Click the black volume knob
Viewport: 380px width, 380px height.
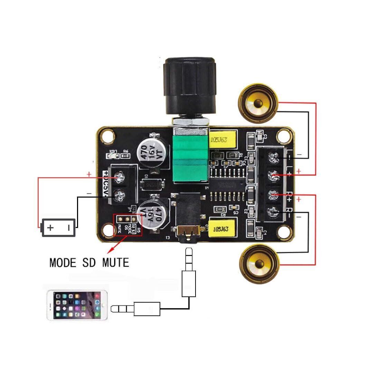coord(190,86)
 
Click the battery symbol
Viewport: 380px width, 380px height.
coord(58,227)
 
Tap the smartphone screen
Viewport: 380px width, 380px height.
coord(77,305)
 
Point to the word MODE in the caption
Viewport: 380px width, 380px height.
coord(63,263)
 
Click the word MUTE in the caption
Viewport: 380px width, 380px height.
coord(115,263)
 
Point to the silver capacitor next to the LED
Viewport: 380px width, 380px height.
coord(153,152)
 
